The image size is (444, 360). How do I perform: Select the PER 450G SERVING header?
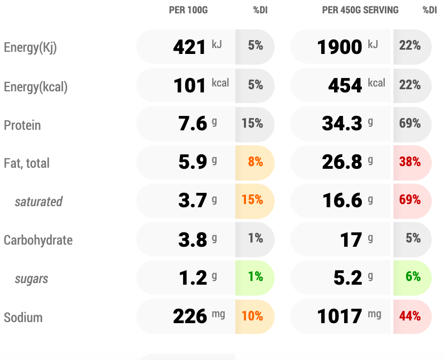pos(360,10)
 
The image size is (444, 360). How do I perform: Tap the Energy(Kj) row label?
pos(30,48)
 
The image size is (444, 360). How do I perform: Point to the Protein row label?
pos(22,126)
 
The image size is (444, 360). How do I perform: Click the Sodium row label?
pos(23,318)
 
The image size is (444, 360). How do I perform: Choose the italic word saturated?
pos(38,202)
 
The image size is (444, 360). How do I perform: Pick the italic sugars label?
pos(31,279)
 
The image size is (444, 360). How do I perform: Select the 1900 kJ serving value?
pos(347,47)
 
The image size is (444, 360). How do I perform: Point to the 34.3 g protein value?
pos(347,124)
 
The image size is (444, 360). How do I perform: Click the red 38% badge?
pos(410,162)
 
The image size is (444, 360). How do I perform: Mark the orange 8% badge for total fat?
pos(255,162)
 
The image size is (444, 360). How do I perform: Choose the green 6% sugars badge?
pos(413,277)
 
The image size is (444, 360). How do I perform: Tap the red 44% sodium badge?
pos(410,316)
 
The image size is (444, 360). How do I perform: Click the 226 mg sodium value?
pos(198,316)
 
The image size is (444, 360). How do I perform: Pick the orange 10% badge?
pos(252,316)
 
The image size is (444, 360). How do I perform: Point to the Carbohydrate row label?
pos(38,240)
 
